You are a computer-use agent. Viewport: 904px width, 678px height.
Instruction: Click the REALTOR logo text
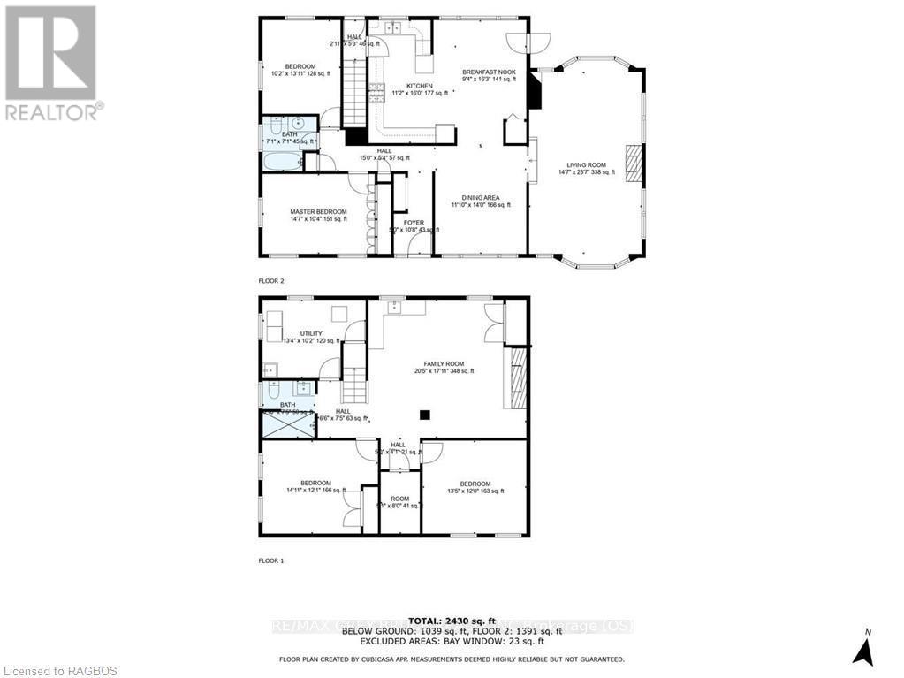pyautogui.click(x=52, y=112)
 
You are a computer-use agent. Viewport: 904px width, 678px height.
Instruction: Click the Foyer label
pyautogui.click(x=414, y=224)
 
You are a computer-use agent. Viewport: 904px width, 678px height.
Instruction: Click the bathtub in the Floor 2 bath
pyautogui.click(x=282, y=162)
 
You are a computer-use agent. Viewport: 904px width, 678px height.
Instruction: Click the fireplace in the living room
pyautogui.click(x=632, y=163)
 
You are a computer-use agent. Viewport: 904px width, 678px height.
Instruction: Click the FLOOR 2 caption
pyautogui.click(x=271, y=280)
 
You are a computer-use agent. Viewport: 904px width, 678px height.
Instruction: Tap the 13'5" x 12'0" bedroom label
pyautogui.click(x=475, y=487)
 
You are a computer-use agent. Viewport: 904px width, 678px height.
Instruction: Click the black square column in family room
pyautogui.click(x=425, y=414)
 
